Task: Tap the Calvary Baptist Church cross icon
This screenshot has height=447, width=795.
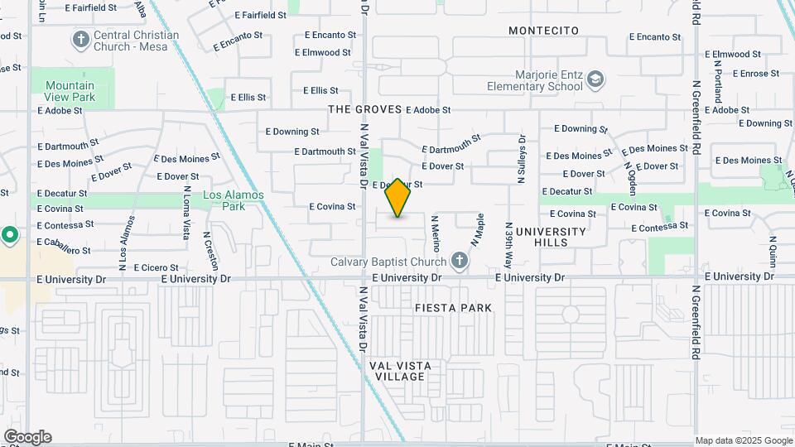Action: (460, 262)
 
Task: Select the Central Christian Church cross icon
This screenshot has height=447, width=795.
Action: (81, 40)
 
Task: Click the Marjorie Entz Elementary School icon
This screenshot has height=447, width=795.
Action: (595, 80)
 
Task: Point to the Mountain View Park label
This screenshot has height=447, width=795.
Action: (70, 91)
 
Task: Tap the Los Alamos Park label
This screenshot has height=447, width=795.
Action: (234, 200)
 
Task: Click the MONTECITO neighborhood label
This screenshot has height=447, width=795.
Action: (543, 31)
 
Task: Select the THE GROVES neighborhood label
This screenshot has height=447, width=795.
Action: (364, 109)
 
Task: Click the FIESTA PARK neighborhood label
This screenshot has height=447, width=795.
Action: (453, 308)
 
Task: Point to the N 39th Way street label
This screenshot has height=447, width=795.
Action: (509, 244)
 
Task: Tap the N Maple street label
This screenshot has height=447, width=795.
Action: (478, 230)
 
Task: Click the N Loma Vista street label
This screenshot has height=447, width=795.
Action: (186, 214)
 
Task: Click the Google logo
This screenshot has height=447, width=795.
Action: (27, 437)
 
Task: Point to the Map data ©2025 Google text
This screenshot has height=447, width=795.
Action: (744, 440)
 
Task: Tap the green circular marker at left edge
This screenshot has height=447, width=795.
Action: (9, 235)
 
